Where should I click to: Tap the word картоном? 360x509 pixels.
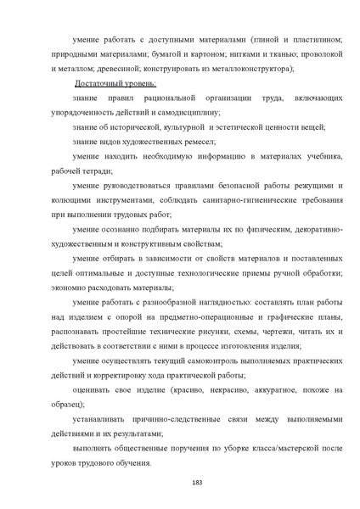pos(199,53)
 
